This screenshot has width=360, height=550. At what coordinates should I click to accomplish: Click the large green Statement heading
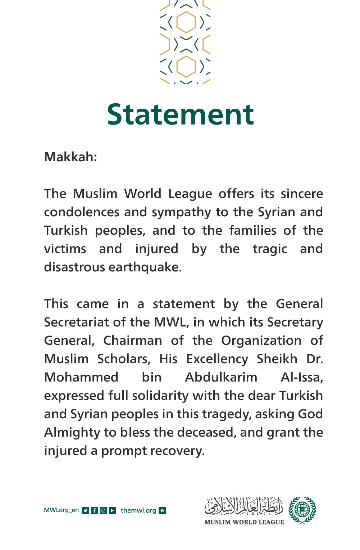181,114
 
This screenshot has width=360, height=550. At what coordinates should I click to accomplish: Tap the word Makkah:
70,157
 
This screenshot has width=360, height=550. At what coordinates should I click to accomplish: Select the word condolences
81,212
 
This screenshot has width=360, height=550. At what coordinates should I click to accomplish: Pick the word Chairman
132,341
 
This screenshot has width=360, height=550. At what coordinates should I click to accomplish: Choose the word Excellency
217,359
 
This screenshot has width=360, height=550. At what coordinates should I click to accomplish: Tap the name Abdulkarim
221,377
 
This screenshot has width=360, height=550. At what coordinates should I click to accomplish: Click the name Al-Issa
301,377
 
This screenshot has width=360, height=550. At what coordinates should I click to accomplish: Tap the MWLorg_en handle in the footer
61,510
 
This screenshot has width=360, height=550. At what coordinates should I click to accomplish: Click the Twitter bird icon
85,510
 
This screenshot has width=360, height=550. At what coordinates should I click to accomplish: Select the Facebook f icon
94,510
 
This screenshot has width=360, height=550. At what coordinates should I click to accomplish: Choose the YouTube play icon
112,510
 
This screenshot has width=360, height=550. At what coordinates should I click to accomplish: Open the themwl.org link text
138,510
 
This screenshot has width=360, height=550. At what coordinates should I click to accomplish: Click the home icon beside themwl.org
162,510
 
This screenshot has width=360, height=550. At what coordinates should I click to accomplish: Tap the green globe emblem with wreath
302,510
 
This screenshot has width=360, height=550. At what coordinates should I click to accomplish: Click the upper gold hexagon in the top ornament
186,22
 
